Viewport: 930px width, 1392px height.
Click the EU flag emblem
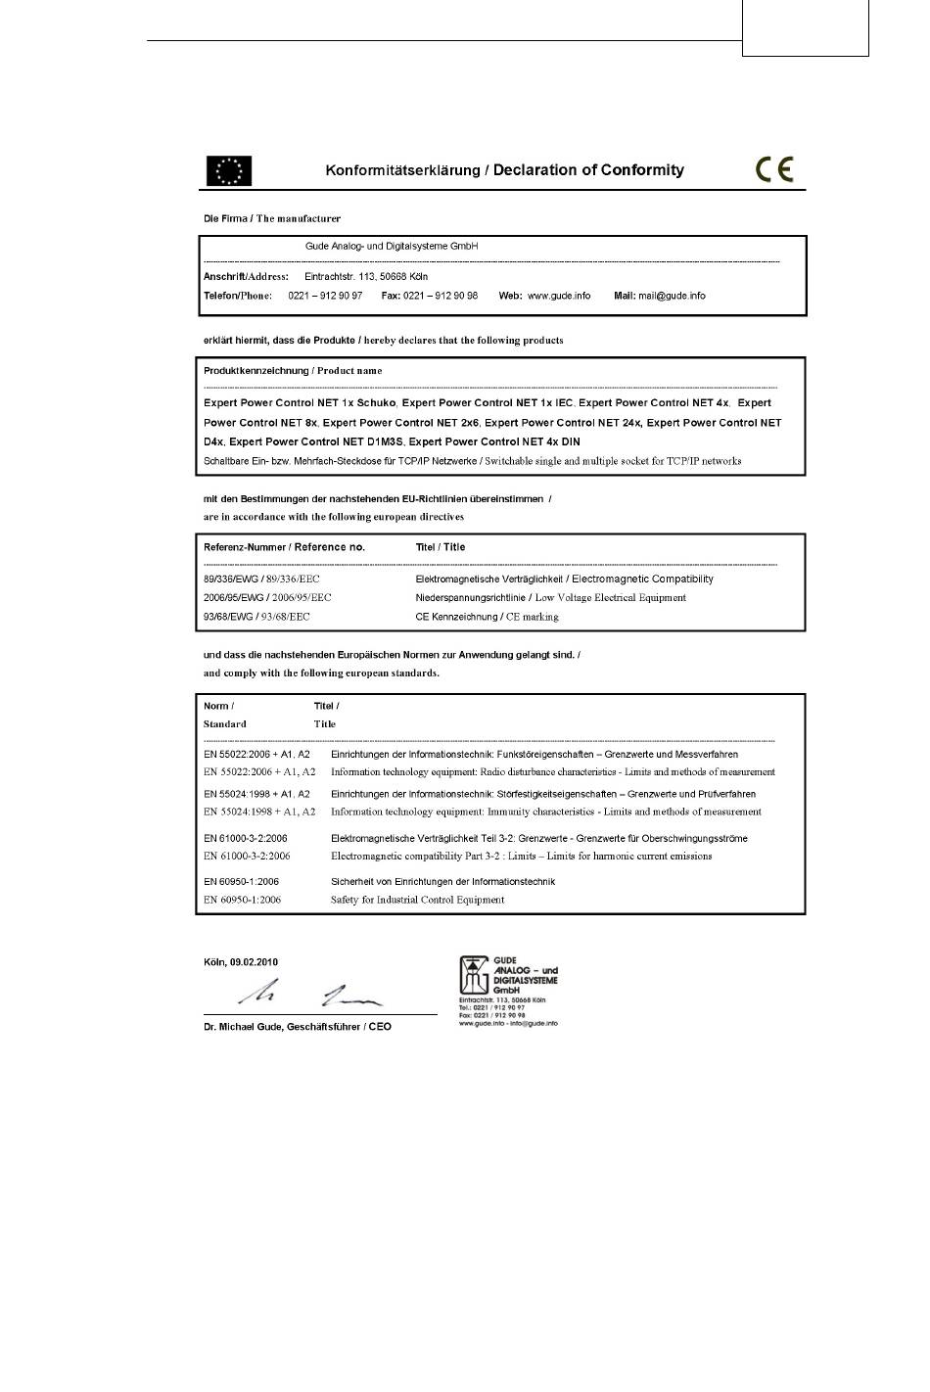point(228,170)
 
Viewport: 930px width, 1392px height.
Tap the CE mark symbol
point(774,169)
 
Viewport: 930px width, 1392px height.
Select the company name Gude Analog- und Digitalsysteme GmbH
point(392,247)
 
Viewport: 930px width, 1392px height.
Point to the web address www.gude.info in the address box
point(559,296)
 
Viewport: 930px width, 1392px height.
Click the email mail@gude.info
point(672,296)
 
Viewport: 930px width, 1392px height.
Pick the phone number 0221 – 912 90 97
point(325,296)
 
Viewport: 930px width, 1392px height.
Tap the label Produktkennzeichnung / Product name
point(293,371)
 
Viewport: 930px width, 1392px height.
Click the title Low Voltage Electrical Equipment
point(610,597)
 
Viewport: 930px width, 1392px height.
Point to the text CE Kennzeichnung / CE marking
point(487,617)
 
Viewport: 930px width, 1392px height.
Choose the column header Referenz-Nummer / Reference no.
point(284,547)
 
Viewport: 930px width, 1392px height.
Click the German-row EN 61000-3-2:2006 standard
point(246,838)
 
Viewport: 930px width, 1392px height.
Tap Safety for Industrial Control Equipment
point(417,900)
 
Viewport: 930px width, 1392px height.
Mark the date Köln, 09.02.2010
point(241,962)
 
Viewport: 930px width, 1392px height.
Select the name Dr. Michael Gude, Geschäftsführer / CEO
point(298,1027)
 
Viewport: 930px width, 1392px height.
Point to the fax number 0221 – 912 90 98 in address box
point(441,296)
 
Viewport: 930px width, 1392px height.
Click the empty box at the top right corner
point(805,27)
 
